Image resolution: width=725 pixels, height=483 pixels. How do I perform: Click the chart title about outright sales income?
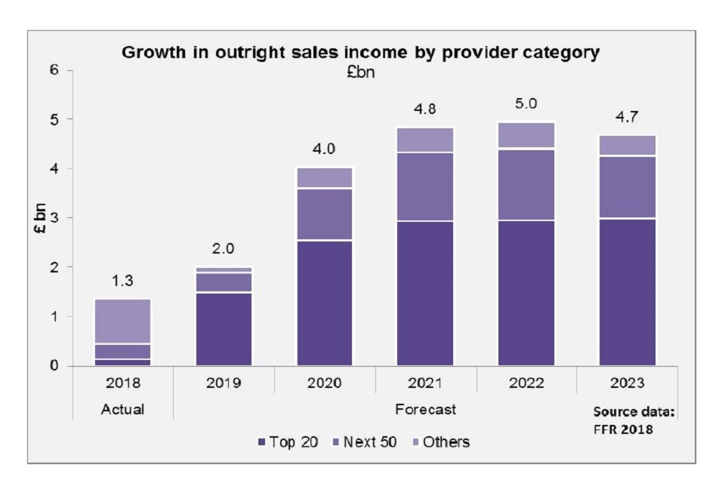pos(361,53)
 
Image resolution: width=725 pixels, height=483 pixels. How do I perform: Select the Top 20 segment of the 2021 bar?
pos(426,294)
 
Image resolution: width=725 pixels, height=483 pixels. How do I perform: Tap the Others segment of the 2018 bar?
pos(122,321)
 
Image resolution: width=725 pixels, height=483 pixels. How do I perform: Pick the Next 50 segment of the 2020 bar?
pos(325,214)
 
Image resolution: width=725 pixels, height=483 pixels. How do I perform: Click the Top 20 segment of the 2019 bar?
pos(224,329)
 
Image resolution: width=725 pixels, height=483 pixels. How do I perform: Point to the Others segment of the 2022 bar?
pos(526,134)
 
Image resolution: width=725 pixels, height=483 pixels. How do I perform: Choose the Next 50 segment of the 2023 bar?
pos(628,187)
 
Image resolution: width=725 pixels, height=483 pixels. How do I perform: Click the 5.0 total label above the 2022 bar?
pos(526,104)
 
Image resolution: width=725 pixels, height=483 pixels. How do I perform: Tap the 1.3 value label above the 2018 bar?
pos(122,281)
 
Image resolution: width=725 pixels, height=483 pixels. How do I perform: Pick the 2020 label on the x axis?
pos(325,383)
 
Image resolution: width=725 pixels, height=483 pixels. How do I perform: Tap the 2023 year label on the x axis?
pos(628,383)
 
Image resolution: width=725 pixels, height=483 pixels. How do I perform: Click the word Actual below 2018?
pos(122,409)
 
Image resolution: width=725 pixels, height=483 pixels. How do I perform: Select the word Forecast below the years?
pos(425,409)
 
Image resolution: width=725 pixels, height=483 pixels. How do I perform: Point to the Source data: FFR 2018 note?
pos(633,419)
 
